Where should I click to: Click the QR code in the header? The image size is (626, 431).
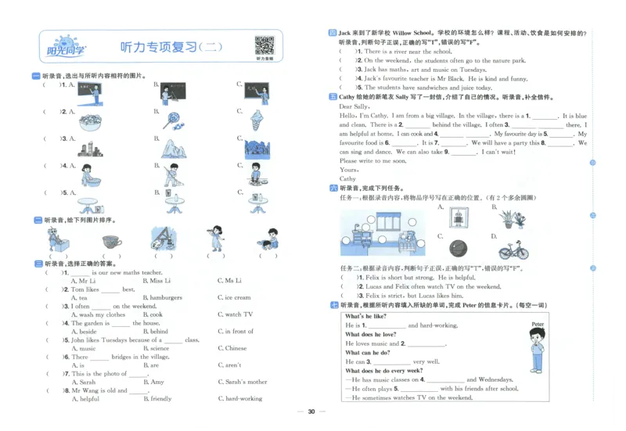[264, 44]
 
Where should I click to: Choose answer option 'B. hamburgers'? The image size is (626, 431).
[164, 297]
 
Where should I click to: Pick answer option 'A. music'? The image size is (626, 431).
[84, 348]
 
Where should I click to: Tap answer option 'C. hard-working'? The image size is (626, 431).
[243, 398]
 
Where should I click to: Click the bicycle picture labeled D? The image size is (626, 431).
[513, 250]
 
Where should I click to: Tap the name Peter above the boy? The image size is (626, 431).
[537, 323]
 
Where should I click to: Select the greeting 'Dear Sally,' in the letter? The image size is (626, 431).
[354, 106]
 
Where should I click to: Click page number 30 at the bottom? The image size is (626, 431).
[311, 411]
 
